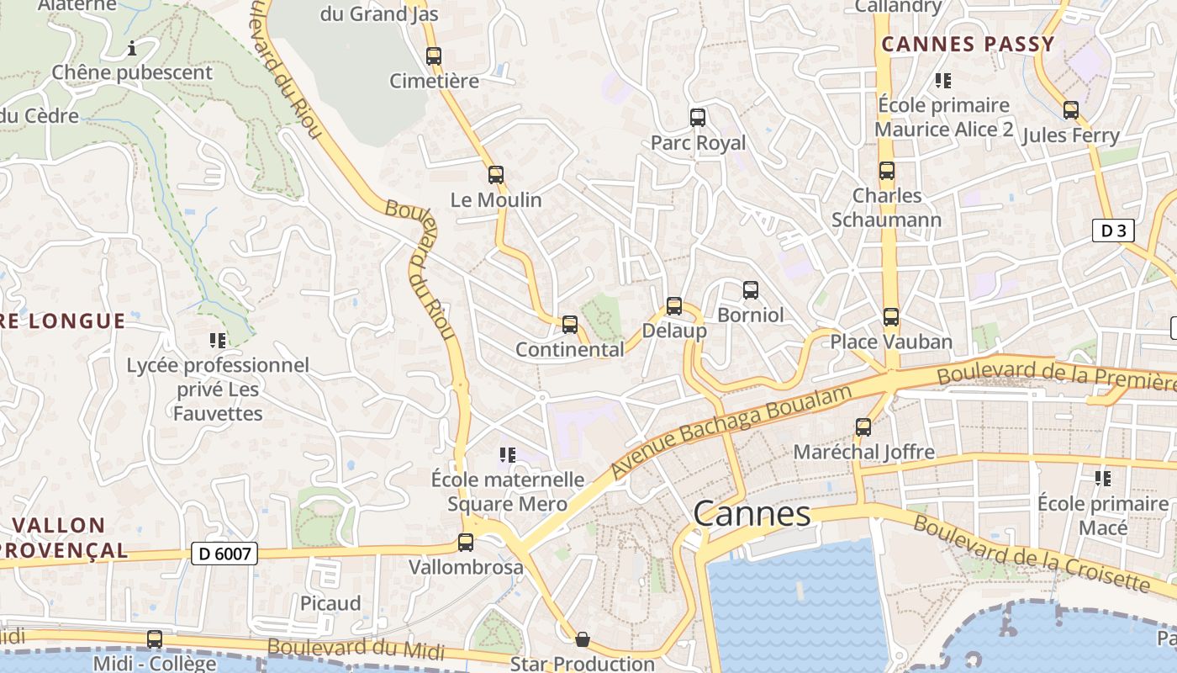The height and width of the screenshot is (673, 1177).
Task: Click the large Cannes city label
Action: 752,513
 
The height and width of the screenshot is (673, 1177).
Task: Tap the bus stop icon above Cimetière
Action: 434,56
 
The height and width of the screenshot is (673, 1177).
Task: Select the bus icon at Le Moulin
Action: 496,175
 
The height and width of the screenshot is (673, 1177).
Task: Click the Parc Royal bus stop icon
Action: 698,118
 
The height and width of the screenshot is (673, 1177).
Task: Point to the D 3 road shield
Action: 1113,231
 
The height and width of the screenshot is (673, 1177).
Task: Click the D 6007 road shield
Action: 224,554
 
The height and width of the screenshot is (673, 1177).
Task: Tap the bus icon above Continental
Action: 570,325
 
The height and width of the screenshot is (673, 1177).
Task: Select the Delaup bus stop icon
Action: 674,306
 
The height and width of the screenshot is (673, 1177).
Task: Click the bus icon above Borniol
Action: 751,290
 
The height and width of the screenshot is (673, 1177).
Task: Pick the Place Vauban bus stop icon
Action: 891,317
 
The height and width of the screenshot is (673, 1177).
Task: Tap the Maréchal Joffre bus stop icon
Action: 863,427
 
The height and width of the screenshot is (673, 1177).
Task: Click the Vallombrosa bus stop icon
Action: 466,543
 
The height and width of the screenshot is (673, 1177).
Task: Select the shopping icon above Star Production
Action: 582,639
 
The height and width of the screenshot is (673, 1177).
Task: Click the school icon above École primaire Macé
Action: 1103,479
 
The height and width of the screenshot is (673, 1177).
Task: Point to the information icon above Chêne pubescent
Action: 132,48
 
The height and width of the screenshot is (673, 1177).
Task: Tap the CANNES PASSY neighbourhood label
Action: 968,45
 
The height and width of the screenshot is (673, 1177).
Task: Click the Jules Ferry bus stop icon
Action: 1071,110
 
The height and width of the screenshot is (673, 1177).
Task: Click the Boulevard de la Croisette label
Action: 1031,554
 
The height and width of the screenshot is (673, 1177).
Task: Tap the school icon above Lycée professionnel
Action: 218,341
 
